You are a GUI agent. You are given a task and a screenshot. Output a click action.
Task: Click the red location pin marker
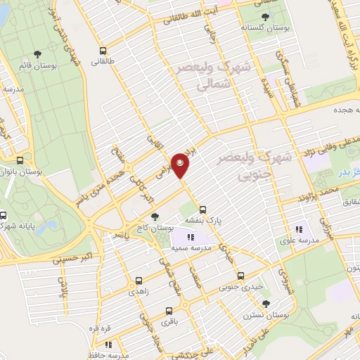coord(181,165)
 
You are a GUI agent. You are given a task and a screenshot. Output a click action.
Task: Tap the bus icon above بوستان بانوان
coord(28,160)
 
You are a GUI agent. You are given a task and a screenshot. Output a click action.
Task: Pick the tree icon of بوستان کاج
coord(155,217)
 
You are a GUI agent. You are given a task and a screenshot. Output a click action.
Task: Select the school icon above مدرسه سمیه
coord(190,236)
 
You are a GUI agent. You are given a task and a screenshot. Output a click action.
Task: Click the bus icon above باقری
coord(168,311)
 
